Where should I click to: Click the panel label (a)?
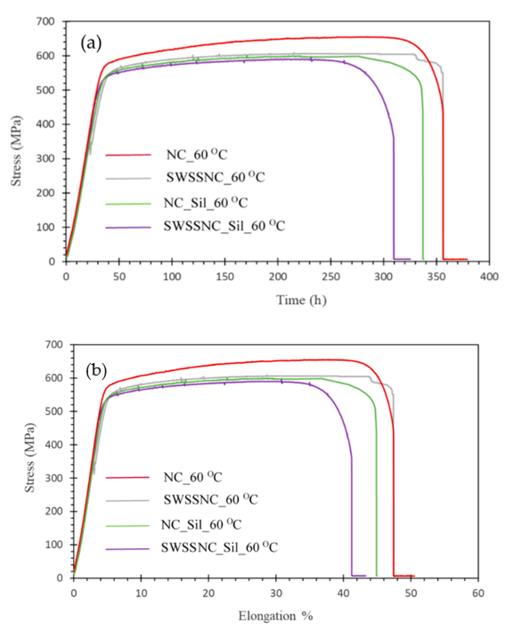click(x=91, y=43)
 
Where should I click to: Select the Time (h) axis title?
click(x=301, y=300)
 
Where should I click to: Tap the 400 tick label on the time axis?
click(x=489, y=277)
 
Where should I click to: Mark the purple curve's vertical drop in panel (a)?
click(x=394, y=200)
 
